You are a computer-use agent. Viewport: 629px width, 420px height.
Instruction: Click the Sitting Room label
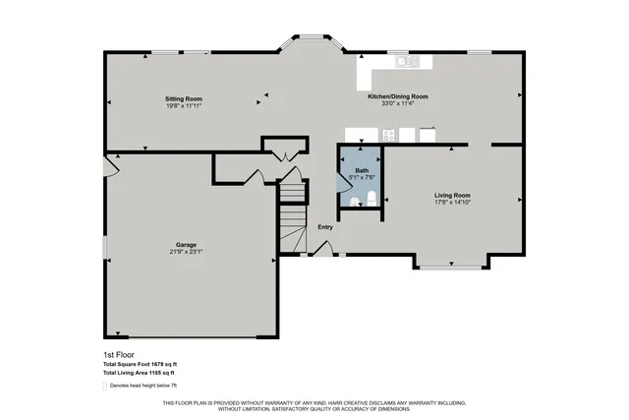184,99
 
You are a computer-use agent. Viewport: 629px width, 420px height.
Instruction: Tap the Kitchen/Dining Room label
398,96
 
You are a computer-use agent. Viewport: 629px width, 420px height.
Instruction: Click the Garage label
187,244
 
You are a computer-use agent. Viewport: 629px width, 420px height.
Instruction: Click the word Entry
325,227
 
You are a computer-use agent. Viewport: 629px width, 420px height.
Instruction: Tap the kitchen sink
406,62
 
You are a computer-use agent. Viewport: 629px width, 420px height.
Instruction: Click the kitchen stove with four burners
389,136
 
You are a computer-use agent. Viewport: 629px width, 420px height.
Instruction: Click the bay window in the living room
450,264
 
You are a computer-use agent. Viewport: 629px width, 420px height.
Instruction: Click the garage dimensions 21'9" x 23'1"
187,252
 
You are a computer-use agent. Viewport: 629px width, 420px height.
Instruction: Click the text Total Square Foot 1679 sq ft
140,364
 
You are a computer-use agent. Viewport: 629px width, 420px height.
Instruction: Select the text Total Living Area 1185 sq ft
139,373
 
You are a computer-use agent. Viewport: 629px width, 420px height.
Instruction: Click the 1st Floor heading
118,355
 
